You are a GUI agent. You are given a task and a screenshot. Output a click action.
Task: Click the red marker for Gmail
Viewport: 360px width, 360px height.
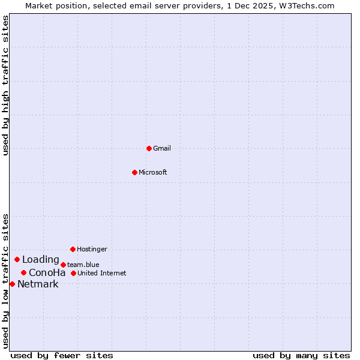(x=149, y=148)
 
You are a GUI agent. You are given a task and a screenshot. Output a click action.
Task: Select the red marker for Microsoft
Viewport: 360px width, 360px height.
(x=134, y=172)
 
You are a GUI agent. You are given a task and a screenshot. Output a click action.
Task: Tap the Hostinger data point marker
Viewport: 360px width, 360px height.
(x=73, y=249)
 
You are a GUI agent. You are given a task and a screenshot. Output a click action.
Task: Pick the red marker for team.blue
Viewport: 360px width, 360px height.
(x=63, y=265)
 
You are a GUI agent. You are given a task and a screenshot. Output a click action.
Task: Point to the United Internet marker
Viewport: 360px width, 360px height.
(x=73, y=273)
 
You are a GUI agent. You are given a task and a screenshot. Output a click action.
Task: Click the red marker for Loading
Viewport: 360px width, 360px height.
(x=17, y=260)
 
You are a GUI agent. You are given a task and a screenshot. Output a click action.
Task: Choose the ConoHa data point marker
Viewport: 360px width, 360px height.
(x=23, y=273)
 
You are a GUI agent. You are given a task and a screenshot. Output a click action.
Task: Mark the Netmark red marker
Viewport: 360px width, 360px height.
(x=12, y=284)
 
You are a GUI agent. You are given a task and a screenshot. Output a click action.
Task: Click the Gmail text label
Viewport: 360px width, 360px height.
(x=162, y=148)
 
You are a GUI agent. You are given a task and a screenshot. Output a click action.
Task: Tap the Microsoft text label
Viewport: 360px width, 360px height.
(x=153, y=172)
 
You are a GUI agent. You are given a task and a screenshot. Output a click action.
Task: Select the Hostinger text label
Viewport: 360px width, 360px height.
(x=92, y=249)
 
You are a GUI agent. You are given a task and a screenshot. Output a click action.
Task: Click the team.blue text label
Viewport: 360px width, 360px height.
(x=83, y=265)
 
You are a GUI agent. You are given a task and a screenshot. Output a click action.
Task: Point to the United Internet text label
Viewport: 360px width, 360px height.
(x=102, y=273)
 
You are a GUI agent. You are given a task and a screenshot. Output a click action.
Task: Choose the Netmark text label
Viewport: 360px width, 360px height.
(x=38, y=284)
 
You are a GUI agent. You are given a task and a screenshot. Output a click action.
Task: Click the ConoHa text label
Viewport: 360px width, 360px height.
(x=47, y=273)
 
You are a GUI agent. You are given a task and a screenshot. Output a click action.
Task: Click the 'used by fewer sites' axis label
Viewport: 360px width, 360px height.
(x=62, y=355)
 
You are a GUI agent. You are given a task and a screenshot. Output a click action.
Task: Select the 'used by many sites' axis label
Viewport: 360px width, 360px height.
(x=301, y=355)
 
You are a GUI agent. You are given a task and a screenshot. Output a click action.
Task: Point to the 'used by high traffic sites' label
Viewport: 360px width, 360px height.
(x=5, y=85)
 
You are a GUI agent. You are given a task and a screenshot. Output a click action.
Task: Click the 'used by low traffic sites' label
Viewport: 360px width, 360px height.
(x=5, y=281)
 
